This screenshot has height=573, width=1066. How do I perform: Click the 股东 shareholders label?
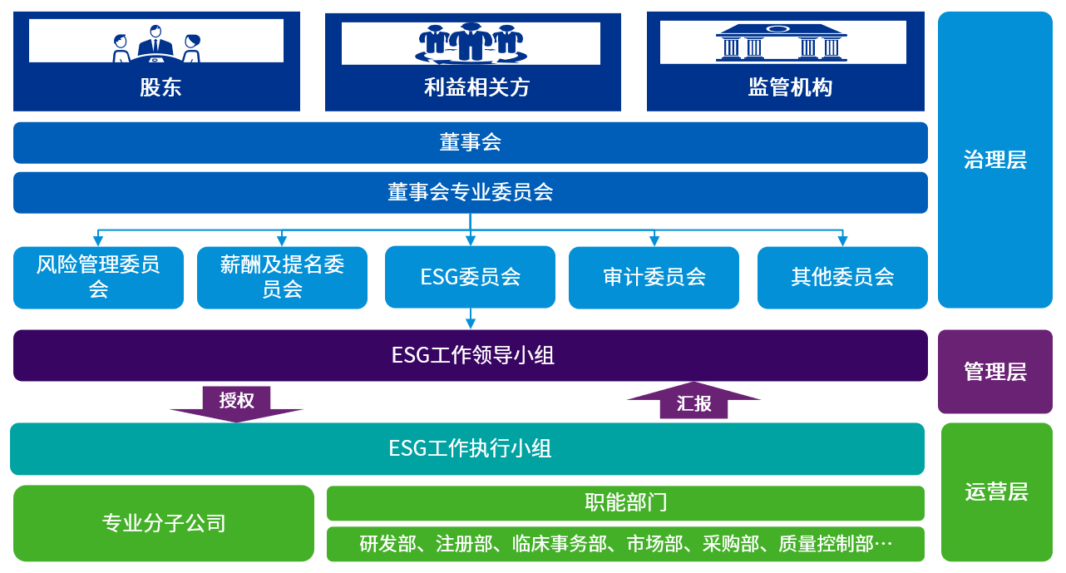[160, 87]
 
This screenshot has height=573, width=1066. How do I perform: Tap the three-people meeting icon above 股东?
[156, 43]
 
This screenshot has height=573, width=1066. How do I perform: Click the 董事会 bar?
[470, 143]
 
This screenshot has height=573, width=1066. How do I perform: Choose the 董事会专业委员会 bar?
[470, 193]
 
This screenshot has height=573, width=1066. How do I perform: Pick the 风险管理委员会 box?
[98, 277]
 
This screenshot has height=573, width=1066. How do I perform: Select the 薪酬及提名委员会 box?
[282, 277]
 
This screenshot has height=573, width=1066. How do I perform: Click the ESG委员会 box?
[470, 277]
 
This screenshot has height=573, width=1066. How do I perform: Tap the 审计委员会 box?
[654, 277]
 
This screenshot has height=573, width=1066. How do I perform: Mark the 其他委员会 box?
[842, 277]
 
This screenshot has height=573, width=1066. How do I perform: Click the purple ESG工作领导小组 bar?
[470, 356]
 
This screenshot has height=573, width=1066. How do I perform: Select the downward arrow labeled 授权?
[237, 403]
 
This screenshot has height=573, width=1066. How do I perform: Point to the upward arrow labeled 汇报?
[693, 402]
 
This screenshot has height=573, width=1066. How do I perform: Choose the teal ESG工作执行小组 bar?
[467, 449]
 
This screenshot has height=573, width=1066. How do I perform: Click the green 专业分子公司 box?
[164, 523]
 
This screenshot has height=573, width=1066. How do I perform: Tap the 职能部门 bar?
[625, 503]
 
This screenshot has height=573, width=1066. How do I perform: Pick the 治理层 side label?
[994, 160]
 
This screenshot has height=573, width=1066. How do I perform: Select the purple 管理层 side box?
[994, 372]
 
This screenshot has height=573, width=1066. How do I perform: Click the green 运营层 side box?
[996, 492]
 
